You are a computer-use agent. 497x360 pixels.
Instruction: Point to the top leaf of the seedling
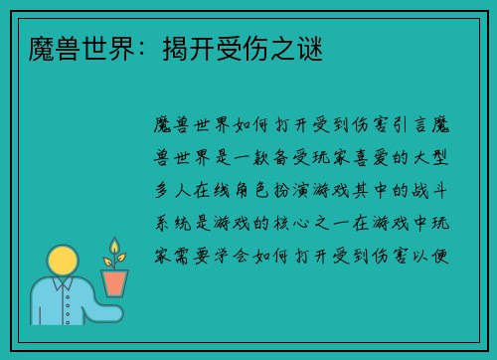114,246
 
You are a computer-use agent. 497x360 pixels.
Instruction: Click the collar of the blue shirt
63,289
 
